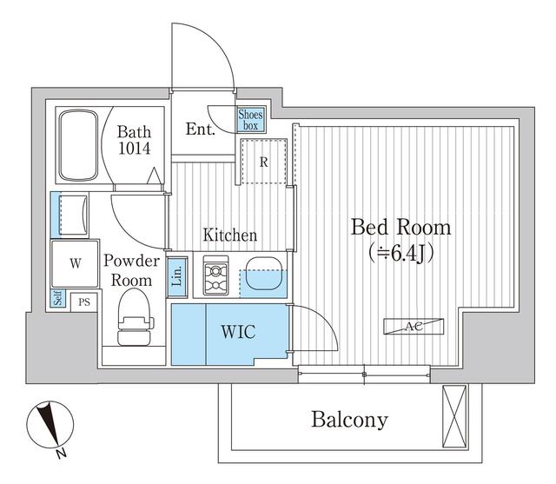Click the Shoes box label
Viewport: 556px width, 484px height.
(251, 120)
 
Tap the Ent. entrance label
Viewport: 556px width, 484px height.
(201, 129)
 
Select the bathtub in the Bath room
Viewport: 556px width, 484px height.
(78, 145)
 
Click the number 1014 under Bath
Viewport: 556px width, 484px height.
(134, 149)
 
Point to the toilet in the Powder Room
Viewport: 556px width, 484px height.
(136, 317)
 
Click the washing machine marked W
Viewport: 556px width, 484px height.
(76, 263)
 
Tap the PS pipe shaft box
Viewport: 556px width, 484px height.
(83, 302)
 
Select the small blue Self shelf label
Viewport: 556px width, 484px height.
(58, 298)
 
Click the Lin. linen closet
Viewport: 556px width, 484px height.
(177, 276)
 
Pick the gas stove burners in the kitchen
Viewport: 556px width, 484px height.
(215, 275)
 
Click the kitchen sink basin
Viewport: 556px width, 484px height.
(264, 273)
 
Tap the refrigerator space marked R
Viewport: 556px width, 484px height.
(263, 162)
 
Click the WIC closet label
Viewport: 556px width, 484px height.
(238, 332)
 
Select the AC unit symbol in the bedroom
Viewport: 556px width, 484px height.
(414, 326)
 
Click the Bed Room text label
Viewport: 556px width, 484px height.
(400, 228)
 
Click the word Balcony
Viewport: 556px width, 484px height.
(349, 420)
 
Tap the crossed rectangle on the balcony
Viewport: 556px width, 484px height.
(454, 416)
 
